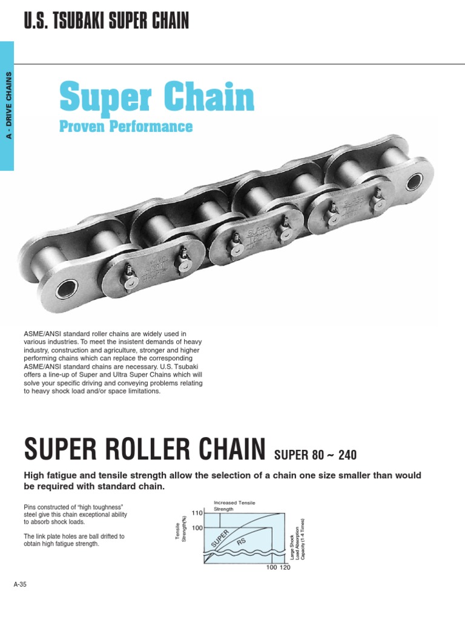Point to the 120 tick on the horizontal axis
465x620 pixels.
pyautogui.click(x=285, y=567)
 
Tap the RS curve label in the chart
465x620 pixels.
pyautogui.click(x=240, y=541)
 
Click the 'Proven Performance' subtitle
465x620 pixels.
pyautogui.click(x=126, y=127)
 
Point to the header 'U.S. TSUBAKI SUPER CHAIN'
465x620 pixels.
pyautogui.click(x=106, y=22)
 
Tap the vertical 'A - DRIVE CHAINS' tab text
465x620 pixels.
pyautogui.click(x=8, y=105)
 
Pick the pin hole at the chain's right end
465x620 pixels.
pyautogui.click(x=415, y=182)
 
